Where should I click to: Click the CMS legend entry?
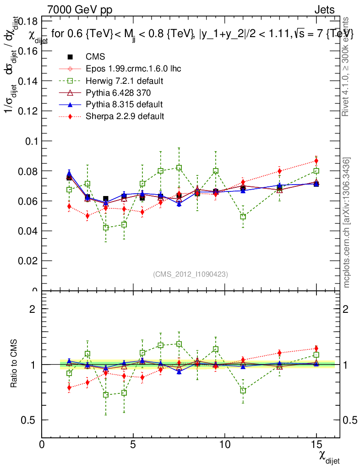[95, 57]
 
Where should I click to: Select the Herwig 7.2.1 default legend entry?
[118, 81]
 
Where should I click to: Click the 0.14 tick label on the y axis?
[27, 81]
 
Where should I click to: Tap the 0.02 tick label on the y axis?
[27, 261]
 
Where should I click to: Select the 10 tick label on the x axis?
[224, 445]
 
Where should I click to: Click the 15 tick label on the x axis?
[316, 445]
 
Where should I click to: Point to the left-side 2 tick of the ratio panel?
[33, 309]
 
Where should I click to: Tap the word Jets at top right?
[324, 10]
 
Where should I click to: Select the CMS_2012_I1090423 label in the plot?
[191, 274]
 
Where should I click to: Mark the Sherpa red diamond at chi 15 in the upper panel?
[316, 161]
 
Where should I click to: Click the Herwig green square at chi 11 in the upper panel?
[243, 217]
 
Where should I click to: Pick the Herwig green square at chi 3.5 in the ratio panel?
[106, 395]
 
